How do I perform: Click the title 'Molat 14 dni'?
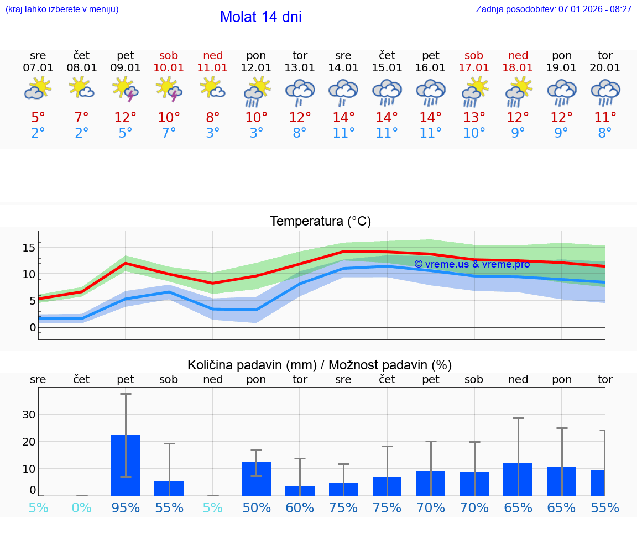260,17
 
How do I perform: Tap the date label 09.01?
126,68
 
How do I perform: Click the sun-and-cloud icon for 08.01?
82,88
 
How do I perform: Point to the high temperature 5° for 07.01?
38,118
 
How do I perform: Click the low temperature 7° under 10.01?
169,133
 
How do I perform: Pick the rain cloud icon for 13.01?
300,92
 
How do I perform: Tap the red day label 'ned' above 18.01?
518,55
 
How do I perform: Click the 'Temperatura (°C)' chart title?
320,222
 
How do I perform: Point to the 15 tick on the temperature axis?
29,247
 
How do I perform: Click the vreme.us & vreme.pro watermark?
472,264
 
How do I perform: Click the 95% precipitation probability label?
126,507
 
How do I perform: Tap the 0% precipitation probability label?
82,507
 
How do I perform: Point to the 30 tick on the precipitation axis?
29,415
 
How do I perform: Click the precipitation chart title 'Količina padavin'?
320,365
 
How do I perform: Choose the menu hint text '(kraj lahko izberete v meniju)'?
62,9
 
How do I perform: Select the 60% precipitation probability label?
300,507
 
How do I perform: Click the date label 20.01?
605,68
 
